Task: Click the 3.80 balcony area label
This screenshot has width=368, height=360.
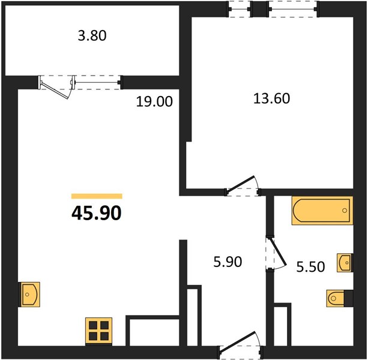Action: [x=92, y=36]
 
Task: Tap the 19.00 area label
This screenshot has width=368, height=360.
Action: [x=154, y=102]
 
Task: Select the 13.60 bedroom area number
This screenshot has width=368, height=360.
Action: [x=271, y=98]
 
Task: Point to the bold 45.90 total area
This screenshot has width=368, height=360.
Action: [x=97, y=213]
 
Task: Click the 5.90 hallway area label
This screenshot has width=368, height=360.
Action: [x=228, y=262]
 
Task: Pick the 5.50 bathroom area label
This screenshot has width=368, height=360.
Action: [x=310, y=267]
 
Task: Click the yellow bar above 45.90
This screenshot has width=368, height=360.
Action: [x=97, y=196]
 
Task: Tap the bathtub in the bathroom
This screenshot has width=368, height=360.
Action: [x=322, y=211]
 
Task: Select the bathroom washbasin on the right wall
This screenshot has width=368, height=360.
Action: [x=345, y=263]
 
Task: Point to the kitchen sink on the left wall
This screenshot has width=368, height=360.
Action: [x=29, y=295]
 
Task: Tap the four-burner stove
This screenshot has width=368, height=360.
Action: [x=98, y=331]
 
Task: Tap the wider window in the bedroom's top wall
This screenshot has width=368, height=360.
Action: [x=293, y=9]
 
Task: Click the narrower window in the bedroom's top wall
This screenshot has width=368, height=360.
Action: [x=240, y=9]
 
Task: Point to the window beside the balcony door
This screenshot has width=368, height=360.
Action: [x=97, y=83]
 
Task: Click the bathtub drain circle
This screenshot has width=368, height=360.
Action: [x=345, y=211]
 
